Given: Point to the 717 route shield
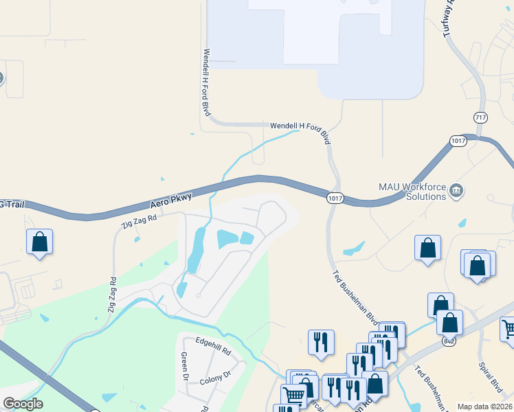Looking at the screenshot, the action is [480, 118].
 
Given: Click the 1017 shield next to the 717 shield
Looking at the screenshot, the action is [459, 141].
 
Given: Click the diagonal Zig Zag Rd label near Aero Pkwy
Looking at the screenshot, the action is [139, 220].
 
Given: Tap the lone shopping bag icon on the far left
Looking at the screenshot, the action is [40, 242].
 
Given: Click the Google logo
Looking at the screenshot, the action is [23, 404].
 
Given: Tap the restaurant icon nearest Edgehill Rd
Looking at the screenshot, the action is [321, 342].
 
